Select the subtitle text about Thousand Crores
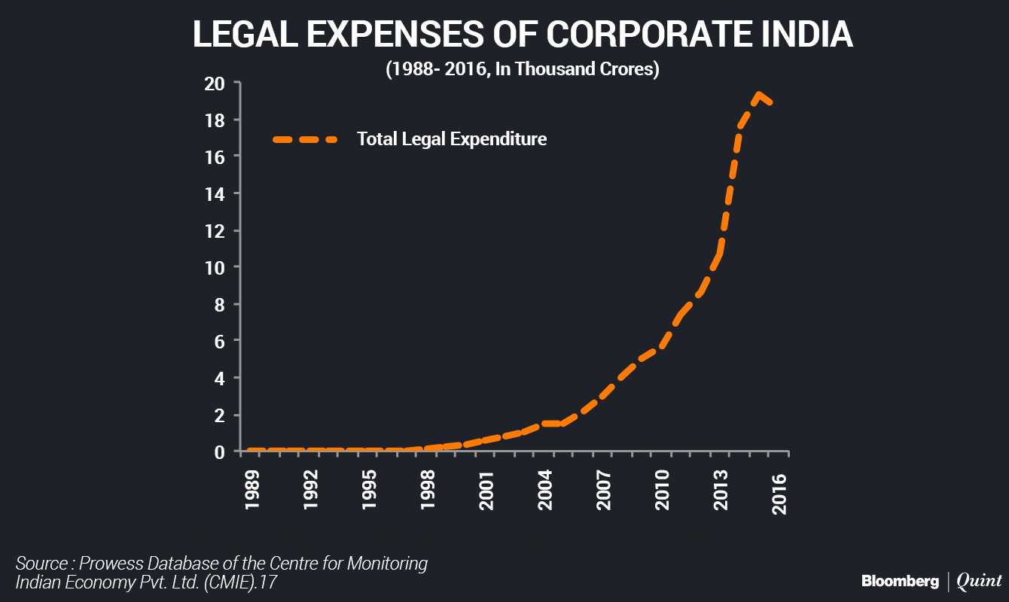coord(523,70)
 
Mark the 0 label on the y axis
coord(220,451)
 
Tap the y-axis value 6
coord(220,341)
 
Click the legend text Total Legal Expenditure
coord(452,139)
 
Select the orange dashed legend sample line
coord(305,139)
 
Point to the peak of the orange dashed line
coord(759,95)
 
